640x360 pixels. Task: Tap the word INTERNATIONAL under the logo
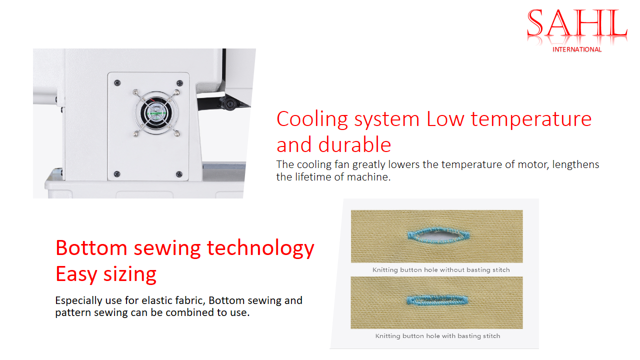point(577,49)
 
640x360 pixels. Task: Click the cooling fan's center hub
point(156,113)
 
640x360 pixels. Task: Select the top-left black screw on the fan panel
point(117,83)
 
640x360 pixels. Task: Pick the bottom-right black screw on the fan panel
point(179,174)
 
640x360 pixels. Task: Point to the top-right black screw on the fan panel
point(179,83)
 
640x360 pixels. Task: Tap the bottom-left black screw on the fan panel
point(117,173)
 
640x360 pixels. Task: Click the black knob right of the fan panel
point(229,103)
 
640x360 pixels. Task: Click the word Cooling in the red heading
point(312,119)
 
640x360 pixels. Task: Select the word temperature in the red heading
point(531,119)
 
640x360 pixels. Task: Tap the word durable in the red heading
point(354,144)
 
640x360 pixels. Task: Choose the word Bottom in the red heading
point(91,248)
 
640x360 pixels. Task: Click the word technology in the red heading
point(260,249)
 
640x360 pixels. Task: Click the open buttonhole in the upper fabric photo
point(438,235)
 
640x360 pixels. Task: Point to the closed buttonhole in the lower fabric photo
point(437,300)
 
